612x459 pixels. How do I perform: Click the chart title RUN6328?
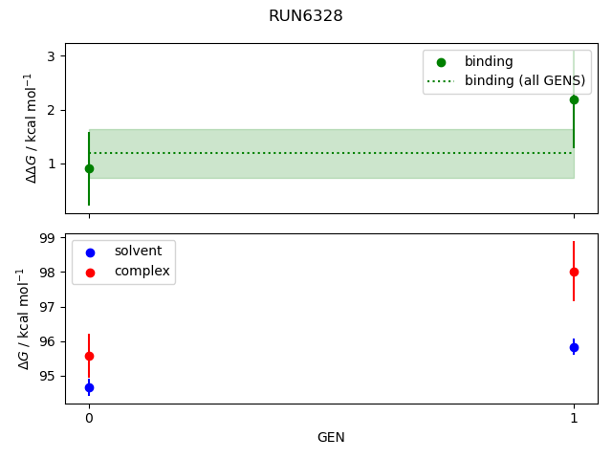click(x=306, y=16)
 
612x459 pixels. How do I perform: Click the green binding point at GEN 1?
click(x=574, y=99)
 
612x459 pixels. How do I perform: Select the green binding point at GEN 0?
click(x=89, y=168)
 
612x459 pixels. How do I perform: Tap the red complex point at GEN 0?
click(x=89, y=356)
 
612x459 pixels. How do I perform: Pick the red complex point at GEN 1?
click(x=574, y=272)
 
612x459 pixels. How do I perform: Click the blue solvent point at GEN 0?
click(x=89, y=387)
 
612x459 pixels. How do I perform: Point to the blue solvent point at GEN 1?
click(x=574, y=347)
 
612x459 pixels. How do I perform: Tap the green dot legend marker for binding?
click(x=441, y=62)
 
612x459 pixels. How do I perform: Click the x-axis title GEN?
click(x=331, y=438)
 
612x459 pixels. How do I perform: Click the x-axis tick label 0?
click(x=89, y=419)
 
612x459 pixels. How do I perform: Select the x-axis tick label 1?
click(x=574, y=419)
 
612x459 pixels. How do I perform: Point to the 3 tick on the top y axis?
click(x=51, y=56)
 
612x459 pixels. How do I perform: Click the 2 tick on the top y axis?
click(x=51, y=110)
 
